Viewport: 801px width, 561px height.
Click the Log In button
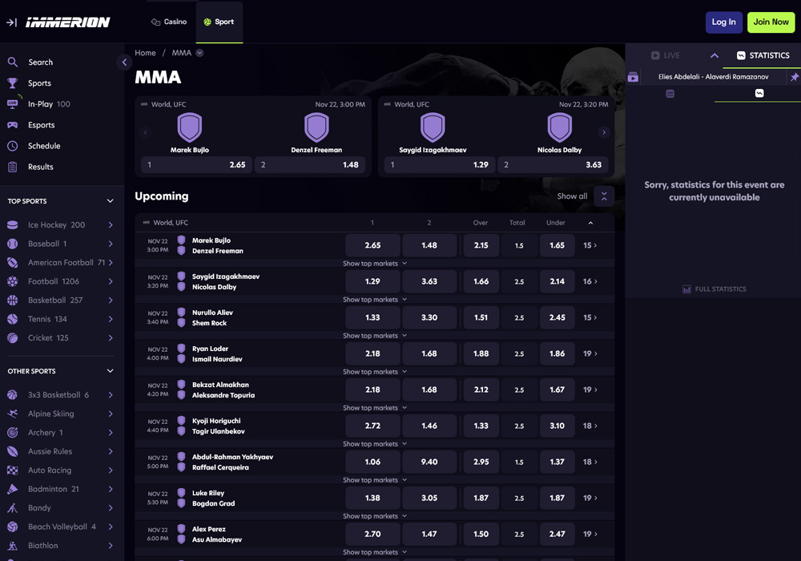723,22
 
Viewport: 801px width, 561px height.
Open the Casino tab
169,22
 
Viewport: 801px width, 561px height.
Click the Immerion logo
67,22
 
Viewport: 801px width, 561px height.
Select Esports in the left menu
41,125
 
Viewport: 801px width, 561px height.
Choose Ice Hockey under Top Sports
56,225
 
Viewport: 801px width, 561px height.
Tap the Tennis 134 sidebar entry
47,319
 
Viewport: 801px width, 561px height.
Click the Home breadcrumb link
145,53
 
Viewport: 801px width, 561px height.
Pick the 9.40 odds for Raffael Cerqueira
429,462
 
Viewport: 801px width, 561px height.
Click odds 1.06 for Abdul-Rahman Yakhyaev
372,462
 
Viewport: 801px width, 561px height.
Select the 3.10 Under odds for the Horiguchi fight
557,426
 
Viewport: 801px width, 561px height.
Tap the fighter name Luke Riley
208,493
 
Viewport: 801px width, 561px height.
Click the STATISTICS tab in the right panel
763,55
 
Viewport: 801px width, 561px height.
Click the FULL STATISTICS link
714,289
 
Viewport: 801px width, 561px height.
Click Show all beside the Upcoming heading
572,196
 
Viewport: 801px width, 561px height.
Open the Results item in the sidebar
40,167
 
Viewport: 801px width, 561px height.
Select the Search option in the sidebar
40,63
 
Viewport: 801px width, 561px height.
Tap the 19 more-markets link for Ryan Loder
590,353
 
